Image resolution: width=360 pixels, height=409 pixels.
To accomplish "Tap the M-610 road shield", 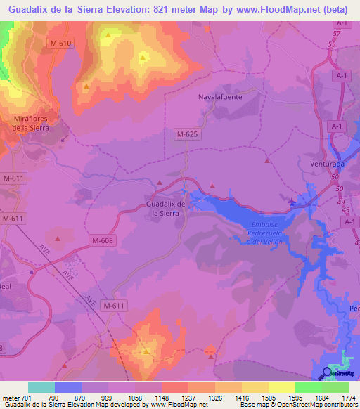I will click(x=61, y=43).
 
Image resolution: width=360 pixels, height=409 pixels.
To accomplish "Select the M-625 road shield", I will click(x=186, y=133).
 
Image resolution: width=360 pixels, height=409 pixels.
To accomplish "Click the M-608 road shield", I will click(x=101, y=240).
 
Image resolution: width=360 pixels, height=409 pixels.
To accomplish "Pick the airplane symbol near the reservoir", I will click(x=292, y=202).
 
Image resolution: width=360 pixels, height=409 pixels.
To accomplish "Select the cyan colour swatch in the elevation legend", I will click(x=41, y=387).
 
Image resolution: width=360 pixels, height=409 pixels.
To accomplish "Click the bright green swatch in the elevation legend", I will click(x=308, y=387).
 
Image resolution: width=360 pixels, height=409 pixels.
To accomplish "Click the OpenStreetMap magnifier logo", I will click(x=328, y=373).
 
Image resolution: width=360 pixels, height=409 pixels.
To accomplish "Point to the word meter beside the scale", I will click(x=11, y=398).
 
